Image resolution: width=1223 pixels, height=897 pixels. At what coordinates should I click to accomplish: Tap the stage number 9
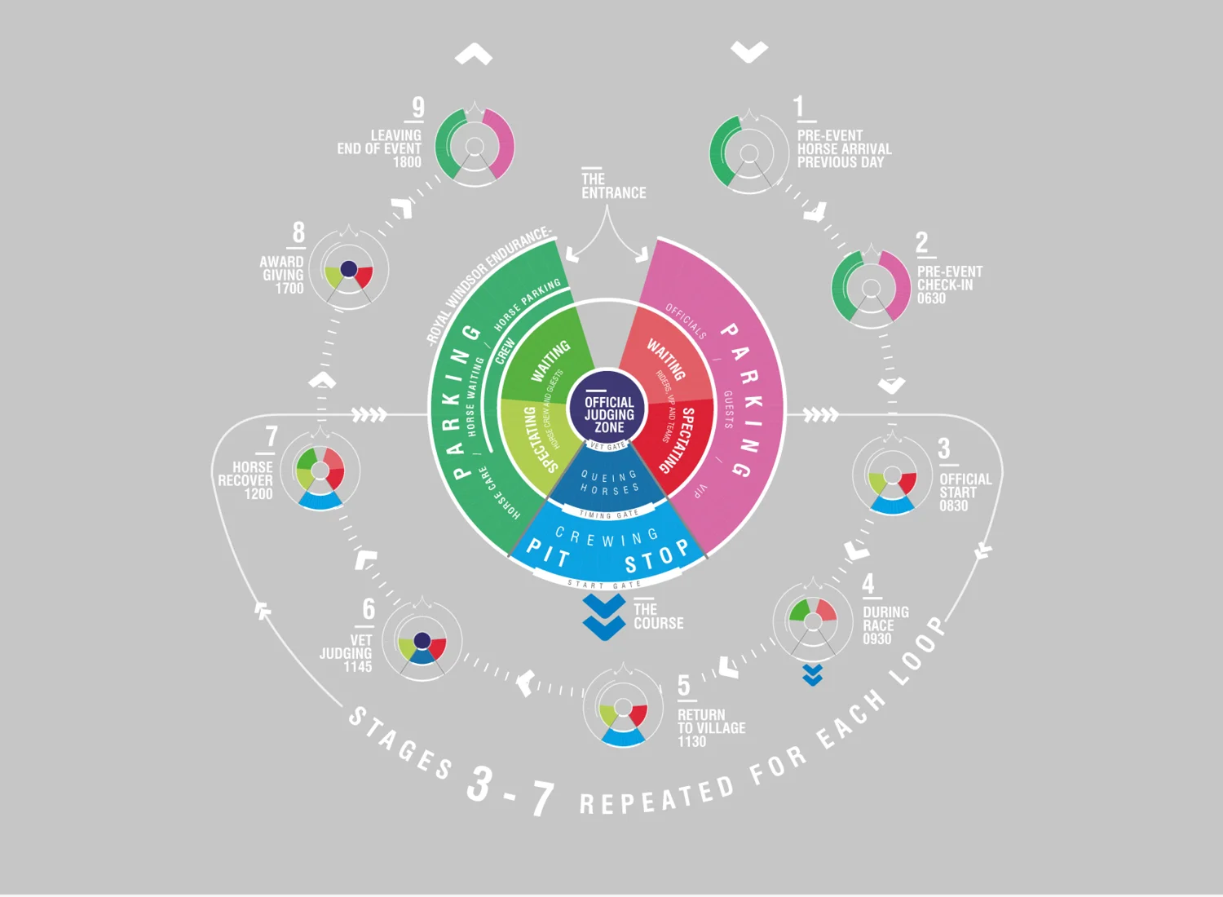418,108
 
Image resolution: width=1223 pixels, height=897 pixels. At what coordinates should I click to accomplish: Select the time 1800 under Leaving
407,162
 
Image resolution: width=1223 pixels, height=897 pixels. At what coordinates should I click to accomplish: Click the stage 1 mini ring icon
748,153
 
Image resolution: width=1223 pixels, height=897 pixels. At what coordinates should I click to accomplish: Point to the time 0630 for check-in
931,298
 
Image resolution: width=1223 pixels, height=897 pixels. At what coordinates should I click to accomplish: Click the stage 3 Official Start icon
892,476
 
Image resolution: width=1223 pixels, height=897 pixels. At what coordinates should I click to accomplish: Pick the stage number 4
868,584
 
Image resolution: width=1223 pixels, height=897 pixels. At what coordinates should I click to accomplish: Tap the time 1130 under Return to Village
691,741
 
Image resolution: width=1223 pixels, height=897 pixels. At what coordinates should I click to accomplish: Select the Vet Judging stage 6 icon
422,642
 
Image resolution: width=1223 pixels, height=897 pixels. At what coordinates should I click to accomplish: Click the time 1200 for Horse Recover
258,494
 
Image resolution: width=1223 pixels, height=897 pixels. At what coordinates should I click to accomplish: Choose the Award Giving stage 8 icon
349,270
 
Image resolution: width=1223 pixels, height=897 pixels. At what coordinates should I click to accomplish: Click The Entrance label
612,186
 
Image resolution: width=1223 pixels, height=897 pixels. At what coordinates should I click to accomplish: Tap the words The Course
658,616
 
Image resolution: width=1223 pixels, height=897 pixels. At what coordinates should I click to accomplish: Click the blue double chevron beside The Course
604,617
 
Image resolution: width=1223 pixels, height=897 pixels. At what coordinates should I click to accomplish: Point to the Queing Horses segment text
609,483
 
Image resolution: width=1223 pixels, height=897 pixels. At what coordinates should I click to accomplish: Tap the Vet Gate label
607,446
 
